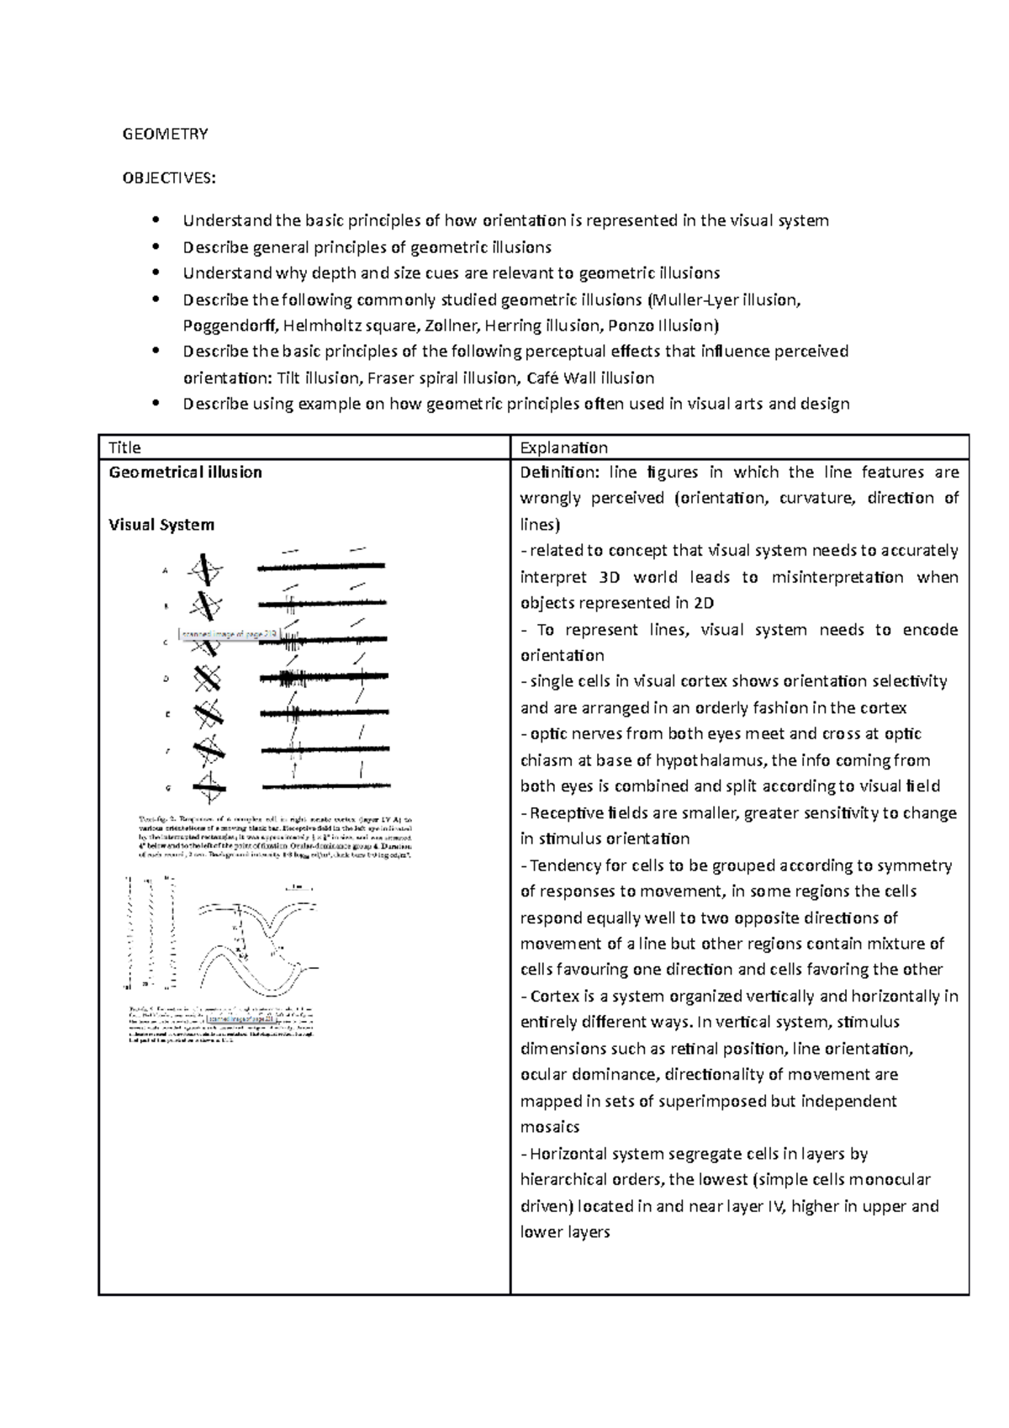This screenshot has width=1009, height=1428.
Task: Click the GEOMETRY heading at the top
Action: coord(165,134)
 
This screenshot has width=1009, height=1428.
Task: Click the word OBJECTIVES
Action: coord(168,177)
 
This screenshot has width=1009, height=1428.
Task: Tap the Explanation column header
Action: coord(563,447)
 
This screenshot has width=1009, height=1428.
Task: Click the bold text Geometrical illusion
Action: coord(185,473)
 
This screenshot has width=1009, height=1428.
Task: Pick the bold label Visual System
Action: coord(161,525)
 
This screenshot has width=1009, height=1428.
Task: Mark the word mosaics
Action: coord(550,1127)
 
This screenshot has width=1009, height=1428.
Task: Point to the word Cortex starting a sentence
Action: coord(555,997)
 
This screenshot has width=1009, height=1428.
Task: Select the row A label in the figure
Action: coord(165,571)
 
